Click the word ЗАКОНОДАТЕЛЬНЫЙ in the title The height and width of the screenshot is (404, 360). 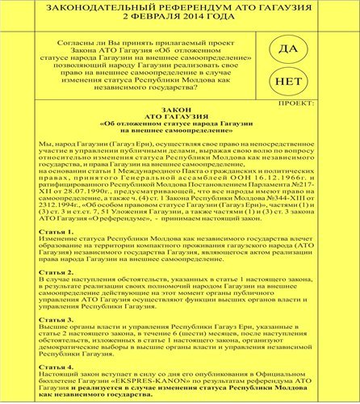pyautogui.click(x=107, y=10)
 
